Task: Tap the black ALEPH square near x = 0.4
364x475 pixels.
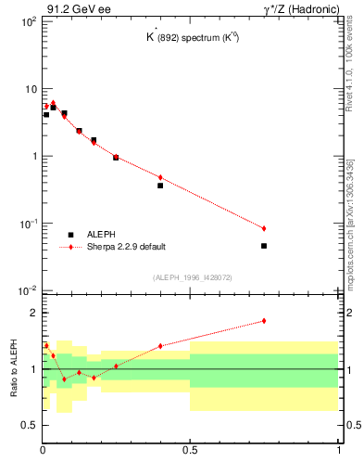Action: click(160, 186)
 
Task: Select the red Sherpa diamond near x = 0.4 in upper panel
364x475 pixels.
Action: click(160, 177)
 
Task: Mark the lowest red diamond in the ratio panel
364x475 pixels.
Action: click(64, 379)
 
